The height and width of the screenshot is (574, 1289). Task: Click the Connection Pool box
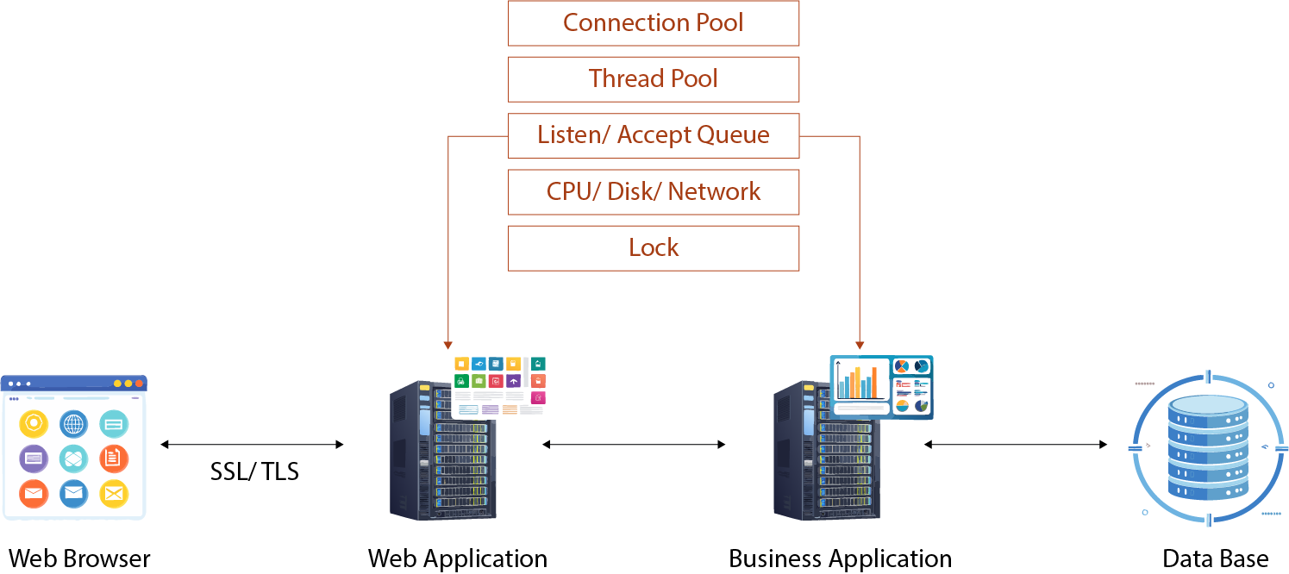653,23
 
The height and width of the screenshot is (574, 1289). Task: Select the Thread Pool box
653,79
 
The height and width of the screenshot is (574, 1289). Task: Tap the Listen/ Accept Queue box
653,135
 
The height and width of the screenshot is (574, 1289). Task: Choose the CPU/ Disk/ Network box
653,191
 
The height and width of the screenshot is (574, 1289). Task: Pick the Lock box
653,248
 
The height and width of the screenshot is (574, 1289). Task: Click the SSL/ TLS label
254,471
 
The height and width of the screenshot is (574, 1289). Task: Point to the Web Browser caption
79,558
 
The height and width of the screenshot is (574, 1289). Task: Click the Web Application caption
457,558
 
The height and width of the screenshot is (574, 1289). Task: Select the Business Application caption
840,558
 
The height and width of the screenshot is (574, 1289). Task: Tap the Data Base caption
1215,558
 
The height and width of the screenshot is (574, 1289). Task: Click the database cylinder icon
1208,448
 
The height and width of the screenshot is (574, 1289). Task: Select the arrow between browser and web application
252,445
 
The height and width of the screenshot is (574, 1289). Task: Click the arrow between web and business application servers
634,445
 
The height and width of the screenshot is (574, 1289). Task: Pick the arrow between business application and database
1016,445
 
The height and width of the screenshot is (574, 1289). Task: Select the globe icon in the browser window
74,424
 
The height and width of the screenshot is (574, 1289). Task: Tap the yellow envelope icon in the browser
114,494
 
